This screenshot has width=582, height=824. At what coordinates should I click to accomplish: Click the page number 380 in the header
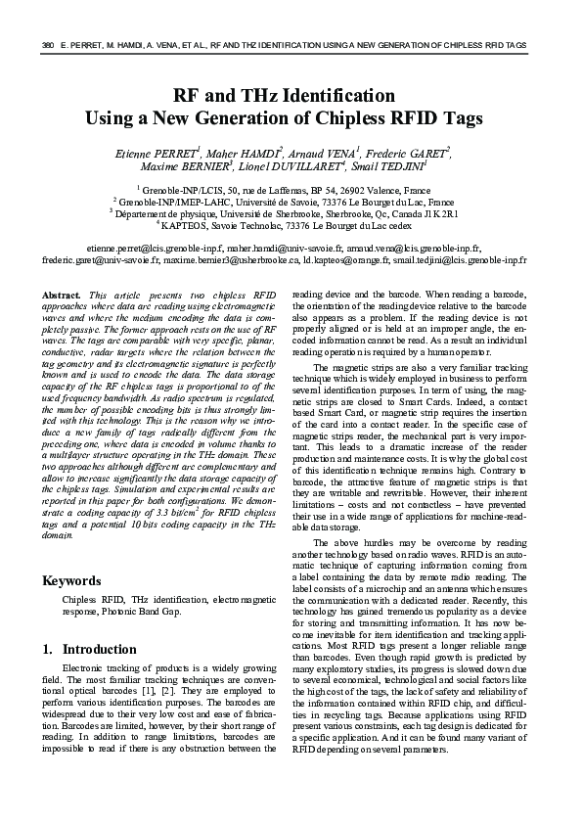tap(45, 46)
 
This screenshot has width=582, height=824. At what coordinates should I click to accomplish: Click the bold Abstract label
tap(63, 295)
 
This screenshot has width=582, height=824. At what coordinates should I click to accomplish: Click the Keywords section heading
tap(75, 580)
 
